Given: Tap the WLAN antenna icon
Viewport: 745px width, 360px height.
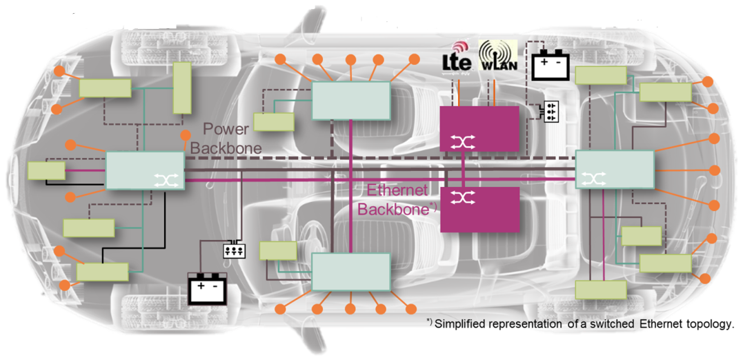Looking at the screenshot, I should click(497, 57).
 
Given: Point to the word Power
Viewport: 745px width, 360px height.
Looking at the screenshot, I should click(225, 130).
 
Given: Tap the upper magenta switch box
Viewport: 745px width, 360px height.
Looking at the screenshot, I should click(479, 128).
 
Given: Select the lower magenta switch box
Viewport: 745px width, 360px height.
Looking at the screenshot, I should click(479, 209).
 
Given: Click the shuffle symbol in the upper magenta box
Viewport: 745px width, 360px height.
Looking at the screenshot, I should click(459, 142).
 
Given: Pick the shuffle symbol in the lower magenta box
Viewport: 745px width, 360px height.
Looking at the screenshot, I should click(459, 197).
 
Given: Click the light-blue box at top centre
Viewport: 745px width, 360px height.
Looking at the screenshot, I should click(352, 101).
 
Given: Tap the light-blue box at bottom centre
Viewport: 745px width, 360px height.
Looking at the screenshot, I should click(351, 271).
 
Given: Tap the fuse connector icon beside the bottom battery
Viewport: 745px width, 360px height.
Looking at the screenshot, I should click(234, 250).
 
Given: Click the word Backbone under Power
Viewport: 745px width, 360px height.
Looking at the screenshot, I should click(226, 148).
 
